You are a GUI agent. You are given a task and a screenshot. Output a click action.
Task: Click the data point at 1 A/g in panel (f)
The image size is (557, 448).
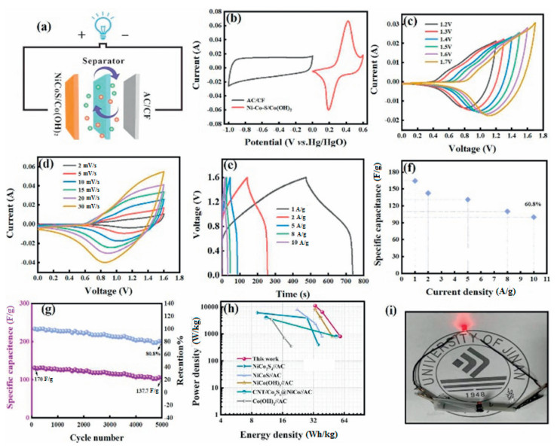click(415, 181)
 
